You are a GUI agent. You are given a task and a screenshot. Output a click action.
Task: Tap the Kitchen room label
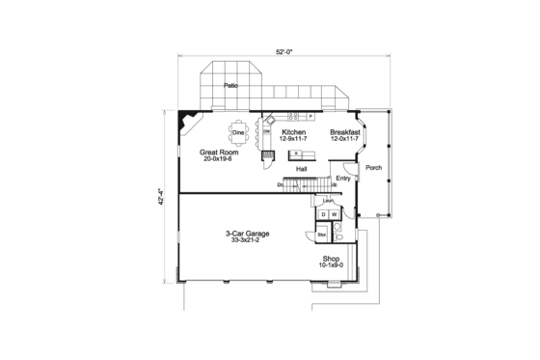pos(293,131)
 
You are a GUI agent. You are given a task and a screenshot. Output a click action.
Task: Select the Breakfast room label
pos(344,131)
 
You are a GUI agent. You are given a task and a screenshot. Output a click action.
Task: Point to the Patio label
pos(230,86)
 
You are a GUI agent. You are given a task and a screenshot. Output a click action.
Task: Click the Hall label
pos(301,168)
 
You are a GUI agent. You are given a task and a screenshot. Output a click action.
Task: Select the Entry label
pos(342,178)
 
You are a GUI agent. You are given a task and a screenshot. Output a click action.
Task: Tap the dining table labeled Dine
pos(237,131)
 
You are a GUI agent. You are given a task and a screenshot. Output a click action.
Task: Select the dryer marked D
pos(323,214)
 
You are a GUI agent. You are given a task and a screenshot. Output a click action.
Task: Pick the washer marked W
pos(335,214)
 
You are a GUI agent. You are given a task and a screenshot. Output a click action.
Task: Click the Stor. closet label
pos(322,234)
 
